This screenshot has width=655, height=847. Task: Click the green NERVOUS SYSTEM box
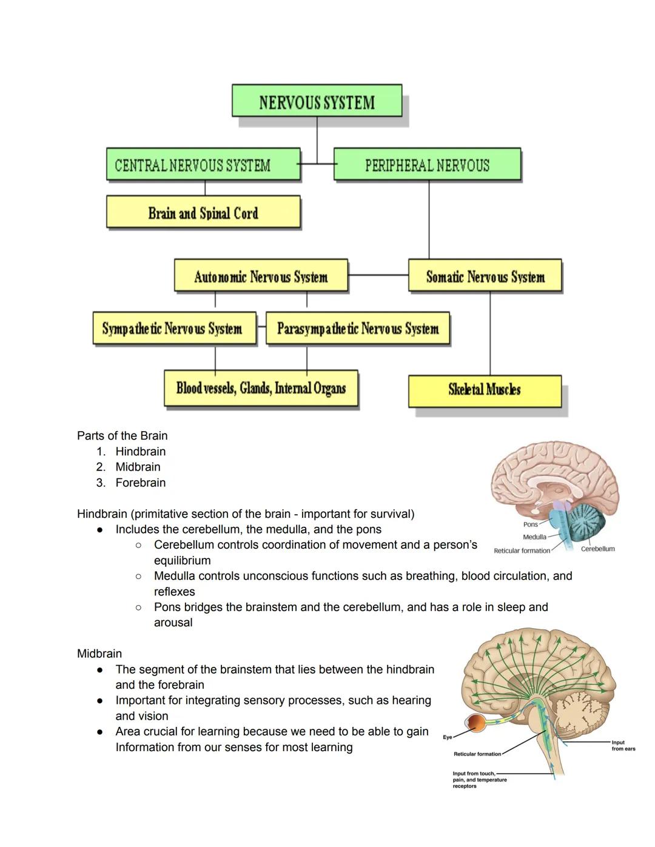(x=317, y=101)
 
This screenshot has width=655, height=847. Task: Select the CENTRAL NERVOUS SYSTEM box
(x=203, y=164)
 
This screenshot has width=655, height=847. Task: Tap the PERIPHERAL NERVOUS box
(x=427, y=164)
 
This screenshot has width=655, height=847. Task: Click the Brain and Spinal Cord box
(x=203, y=212)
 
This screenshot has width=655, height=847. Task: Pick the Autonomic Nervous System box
(x=261, y=276)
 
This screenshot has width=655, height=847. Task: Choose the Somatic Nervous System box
(x=485, y=276)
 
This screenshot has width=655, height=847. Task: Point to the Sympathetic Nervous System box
(x=175, y=328)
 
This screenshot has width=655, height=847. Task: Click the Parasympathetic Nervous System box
(x=358, y=328)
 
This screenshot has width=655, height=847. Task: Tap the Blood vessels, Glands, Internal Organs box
(x=261, y=388)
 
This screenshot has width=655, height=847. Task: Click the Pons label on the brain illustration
(x=530, y=524)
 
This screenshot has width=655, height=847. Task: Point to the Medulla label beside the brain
(x=534, y=537)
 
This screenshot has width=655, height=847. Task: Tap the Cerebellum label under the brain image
(x=597, y=549)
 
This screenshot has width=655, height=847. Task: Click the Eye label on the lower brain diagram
(x=448, y=737)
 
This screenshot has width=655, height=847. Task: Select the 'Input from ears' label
(x=623, y=745)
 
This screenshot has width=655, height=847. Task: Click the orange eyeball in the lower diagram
(x=475, y=724)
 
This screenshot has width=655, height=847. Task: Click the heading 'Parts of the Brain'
(x=122, y=435)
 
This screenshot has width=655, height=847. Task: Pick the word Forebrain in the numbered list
(x=140, y=483)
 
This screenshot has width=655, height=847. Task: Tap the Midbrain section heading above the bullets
(x=99, y=654)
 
